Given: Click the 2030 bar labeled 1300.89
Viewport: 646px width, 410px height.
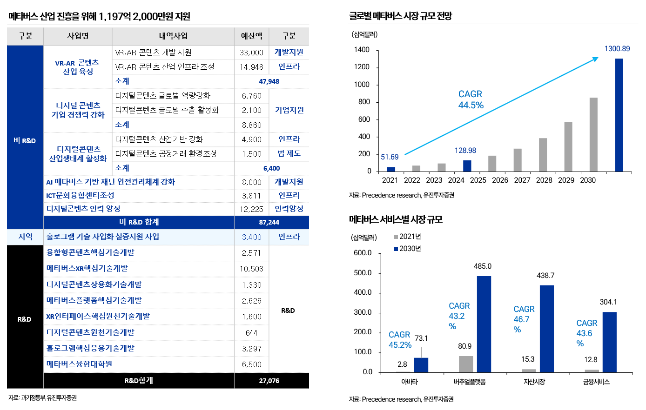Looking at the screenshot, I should coord(619,115).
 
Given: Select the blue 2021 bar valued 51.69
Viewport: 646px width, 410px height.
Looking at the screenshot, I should coord(391,169).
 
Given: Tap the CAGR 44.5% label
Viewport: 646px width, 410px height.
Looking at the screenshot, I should coord(471,99).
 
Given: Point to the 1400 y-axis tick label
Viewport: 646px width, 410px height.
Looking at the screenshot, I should coord(362,50).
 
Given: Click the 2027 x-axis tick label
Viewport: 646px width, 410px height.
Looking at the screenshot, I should coord(522,180).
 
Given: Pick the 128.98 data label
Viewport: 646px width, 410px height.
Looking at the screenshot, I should coord(465,151).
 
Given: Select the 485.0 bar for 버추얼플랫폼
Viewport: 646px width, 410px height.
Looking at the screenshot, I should coord(484,324).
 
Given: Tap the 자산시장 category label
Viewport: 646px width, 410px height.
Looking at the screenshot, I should coord(534,382).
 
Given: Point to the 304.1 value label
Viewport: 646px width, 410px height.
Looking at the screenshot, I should coord(608,302).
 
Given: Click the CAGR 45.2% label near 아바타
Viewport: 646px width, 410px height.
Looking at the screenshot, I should coord(400,340).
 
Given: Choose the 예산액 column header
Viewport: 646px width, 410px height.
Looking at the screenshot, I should coord(251,36).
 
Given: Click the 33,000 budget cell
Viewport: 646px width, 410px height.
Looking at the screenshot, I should coord(251,53).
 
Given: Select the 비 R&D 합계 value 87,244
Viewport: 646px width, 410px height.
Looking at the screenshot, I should coord(269,222).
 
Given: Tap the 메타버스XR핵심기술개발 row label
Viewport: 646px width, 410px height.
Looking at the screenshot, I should coord(87,268).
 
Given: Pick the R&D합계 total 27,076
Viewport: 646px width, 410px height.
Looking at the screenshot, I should coord(269,381).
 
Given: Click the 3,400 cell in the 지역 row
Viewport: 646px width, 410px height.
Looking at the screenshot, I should coord(251,237).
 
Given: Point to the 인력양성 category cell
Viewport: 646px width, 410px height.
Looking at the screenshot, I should coord(289,209).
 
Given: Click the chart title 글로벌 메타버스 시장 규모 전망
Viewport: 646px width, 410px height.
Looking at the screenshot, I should coord(400,16).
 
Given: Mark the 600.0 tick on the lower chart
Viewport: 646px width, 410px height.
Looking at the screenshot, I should coord(363,253).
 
